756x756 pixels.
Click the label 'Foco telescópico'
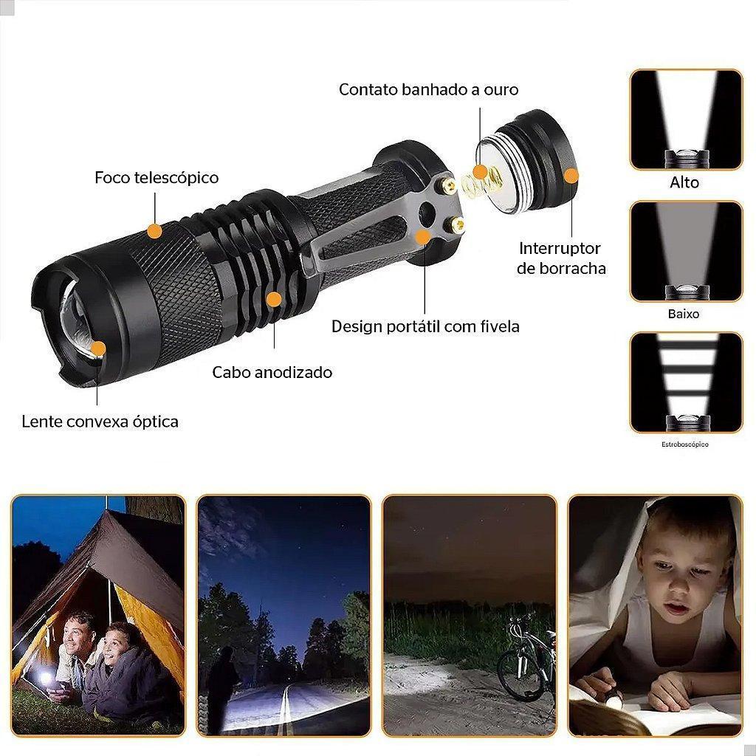click(157, 177)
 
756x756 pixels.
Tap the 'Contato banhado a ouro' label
click(429, 89)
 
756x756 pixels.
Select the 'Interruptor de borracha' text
click(561, 258)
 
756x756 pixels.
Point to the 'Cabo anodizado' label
click(272, 372)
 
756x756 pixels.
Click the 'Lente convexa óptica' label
click(100, 422)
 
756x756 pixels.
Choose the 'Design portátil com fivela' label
click(425, 326)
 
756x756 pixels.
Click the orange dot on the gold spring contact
click(480, 171)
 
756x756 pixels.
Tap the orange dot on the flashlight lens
click(98, 348)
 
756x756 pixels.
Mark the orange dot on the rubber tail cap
click(571, 176)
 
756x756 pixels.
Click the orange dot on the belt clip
click(423, 237)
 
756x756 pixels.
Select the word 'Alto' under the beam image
click(684, 182)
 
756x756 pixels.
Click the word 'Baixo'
click(684, 314)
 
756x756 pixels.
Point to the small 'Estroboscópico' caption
click(685, 444)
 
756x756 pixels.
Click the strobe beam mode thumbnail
click(686, 382)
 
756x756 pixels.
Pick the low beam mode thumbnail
click(686, 251)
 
